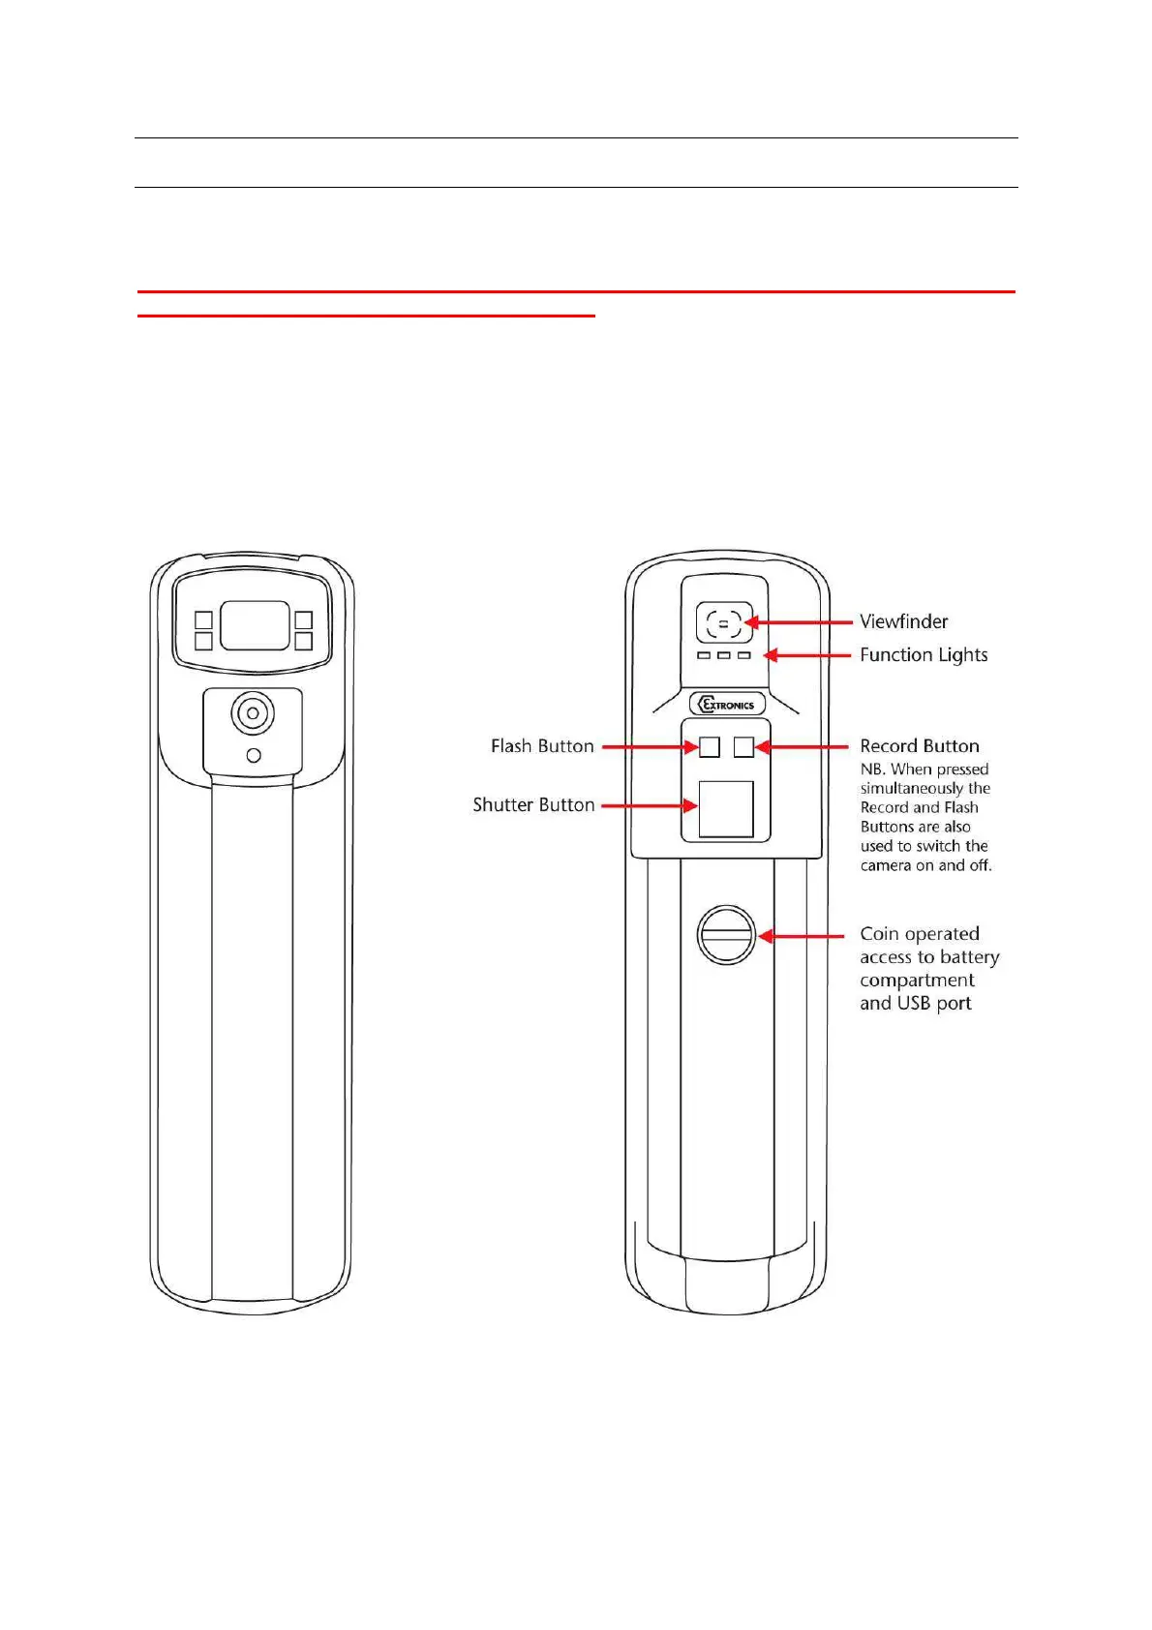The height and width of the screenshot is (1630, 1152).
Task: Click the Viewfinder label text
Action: coord(903,621)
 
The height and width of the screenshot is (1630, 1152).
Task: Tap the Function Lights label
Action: coord(924,655)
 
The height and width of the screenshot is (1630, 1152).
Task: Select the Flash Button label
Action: coord(542,746)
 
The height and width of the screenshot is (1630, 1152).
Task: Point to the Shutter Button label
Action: coord(533,805)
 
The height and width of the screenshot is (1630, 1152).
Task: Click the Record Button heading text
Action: coord(920,746)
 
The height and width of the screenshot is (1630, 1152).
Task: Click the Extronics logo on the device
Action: coord(727,705)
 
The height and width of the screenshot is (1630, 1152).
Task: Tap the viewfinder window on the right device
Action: coord(723,622)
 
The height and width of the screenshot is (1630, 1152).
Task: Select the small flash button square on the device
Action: coord(710,746)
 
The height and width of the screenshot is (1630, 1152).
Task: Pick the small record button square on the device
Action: coord(743,746)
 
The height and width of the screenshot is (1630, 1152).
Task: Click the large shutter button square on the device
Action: coord(726,809)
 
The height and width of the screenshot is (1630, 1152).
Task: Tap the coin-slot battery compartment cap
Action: coord(726,935)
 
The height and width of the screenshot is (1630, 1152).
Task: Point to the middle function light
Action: coord(724,655)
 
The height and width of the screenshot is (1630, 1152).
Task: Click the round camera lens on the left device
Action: coord(253,714)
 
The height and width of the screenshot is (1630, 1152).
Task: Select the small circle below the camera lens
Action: coord(254,755)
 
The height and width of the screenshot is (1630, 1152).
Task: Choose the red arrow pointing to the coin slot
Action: coord(802,936)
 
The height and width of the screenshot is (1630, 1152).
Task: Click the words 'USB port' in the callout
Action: coord(934,1004)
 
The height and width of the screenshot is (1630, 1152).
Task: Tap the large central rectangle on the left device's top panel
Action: coord(255,625)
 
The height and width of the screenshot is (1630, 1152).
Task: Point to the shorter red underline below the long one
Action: coord(366,316)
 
